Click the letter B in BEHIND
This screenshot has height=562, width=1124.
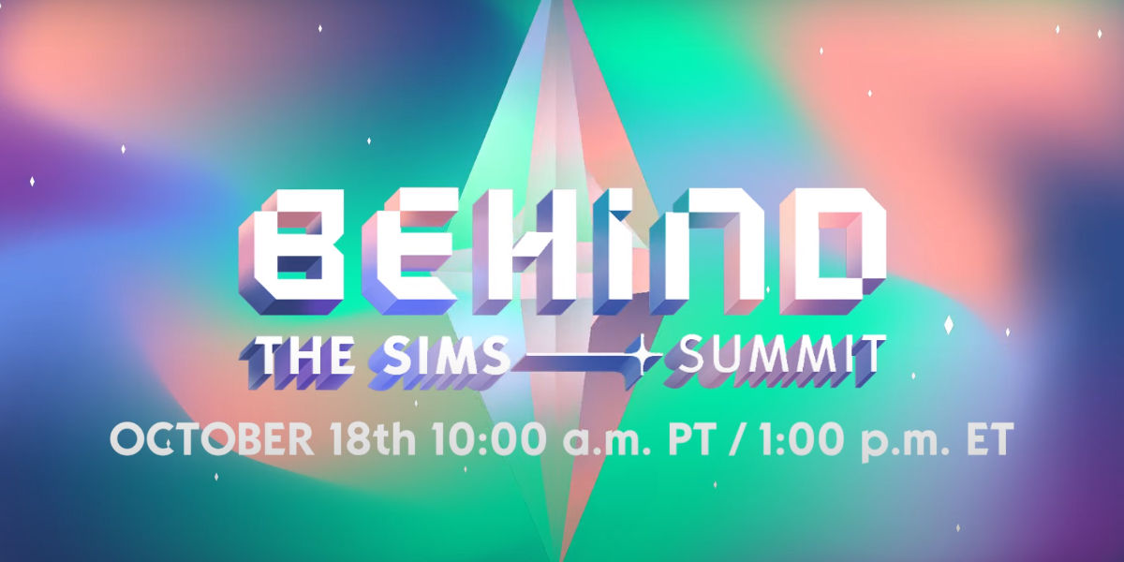point(292,252)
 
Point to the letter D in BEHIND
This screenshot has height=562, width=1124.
point(832,252)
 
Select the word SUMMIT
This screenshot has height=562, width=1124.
point(775,357)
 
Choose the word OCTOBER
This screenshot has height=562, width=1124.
point(212,439)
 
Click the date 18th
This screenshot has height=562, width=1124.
point(374,439)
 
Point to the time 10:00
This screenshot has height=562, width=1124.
point(489,439)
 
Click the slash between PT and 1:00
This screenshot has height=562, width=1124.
point(735,440)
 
